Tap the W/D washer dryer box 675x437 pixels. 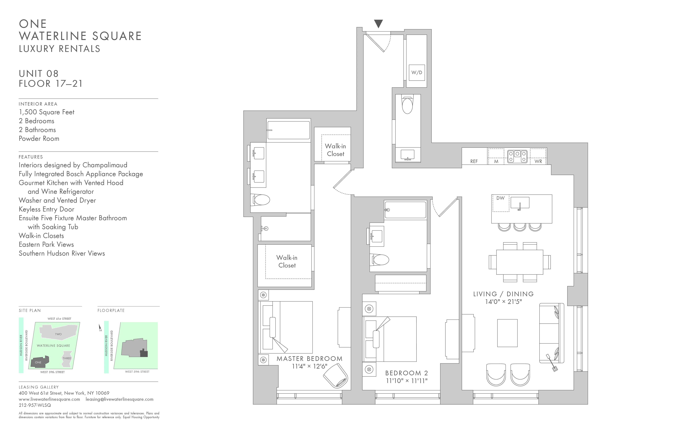point(417,73)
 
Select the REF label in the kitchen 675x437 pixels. point(474,161)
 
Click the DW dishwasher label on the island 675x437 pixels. point(500,198)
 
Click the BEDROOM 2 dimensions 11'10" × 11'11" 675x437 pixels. point(406,381)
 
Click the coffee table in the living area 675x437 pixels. point(507,333)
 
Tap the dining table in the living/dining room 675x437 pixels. point(520,262)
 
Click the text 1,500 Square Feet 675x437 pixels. point(46,112)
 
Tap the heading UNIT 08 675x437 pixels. point(39,74)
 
